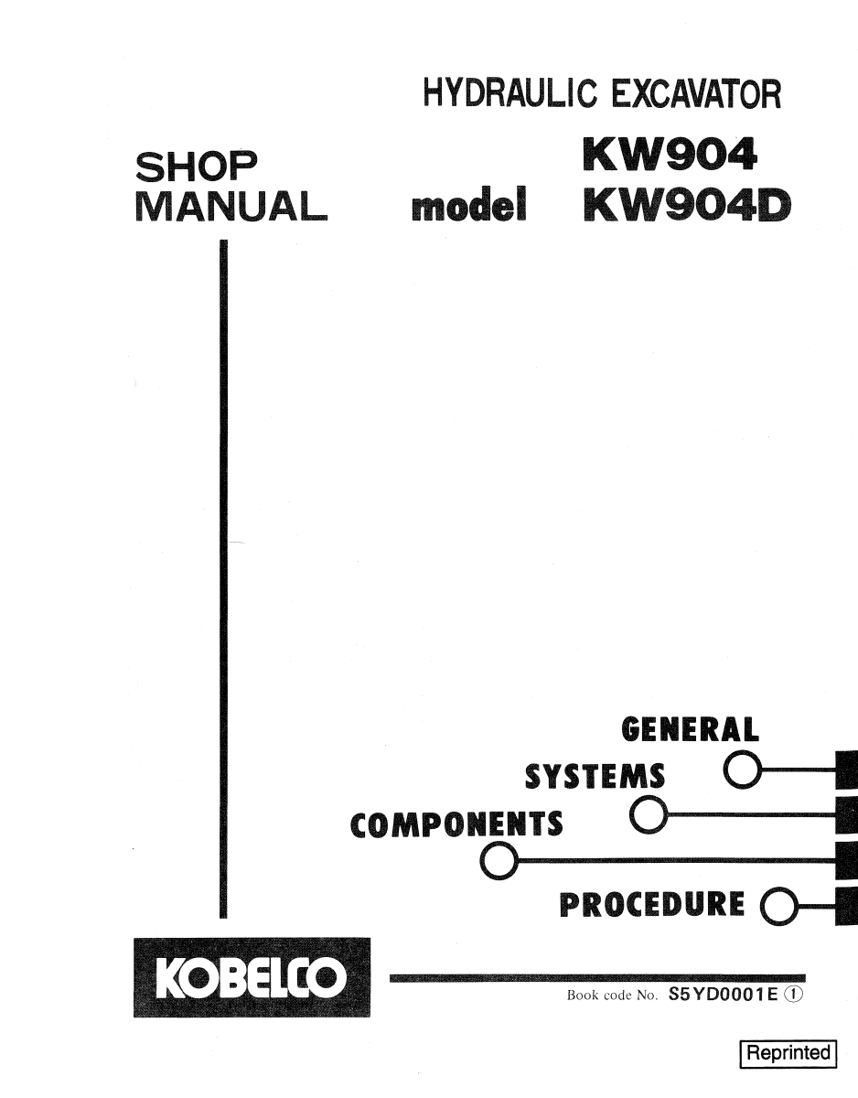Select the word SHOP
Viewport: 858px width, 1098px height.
[x=197, y=167]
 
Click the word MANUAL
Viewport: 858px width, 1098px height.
[x=231, y=206]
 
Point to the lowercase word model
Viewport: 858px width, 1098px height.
[x=469, y=205]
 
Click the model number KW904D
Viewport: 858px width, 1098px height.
[x=687, y=204]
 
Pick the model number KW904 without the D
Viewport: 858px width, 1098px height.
[x=670, y=154]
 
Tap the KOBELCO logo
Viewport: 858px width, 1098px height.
[x=252, y=991]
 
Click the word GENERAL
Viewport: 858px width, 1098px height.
[x=690, y=729]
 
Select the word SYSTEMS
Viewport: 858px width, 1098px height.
[x=595, y=777]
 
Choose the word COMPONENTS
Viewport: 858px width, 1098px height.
[x=456, y=824]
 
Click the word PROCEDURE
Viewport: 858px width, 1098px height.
[x=652, y=904]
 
